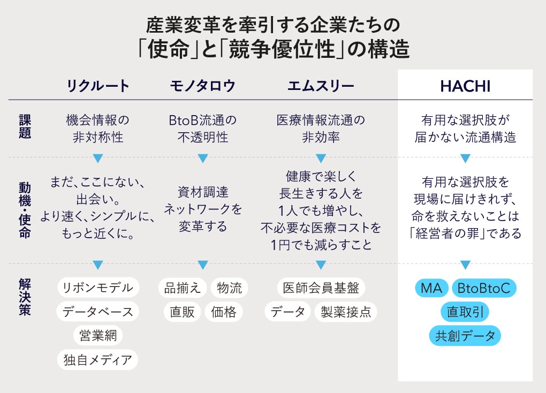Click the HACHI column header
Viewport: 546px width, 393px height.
(465, 86)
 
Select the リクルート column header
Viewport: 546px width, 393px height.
(98, 86)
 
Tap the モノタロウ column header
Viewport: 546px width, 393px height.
(203, 86)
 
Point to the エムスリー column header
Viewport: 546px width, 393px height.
(321, 86)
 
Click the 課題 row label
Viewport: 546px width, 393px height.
(25, 126)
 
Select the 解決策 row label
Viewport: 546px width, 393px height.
(25, 297)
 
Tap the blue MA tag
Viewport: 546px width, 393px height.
(431, 288)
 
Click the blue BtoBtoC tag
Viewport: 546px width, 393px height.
(484, 288)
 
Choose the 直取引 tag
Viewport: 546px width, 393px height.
(465, 312)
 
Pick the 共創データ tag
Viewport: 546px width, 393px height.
(465, 336)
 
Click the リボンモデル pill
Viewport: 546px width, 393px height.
(98, 288)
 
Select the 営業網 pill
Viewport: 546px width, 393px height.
(98, 336)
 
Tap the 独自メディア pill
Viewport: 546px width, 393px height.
(97, 360)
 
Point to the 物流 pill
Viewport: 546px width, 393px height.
(229, 288)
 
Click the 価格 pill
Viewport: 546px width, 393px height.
(224, 312)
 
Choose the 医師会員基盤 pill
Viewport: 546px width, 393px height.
(321, 288)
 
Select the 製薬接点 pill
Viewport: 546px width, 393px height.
(346, 312)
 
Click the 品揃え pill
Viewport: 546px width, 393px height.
(183, 288)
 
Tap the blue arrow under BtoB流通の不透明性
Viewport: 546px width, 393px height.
(203, 158)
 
